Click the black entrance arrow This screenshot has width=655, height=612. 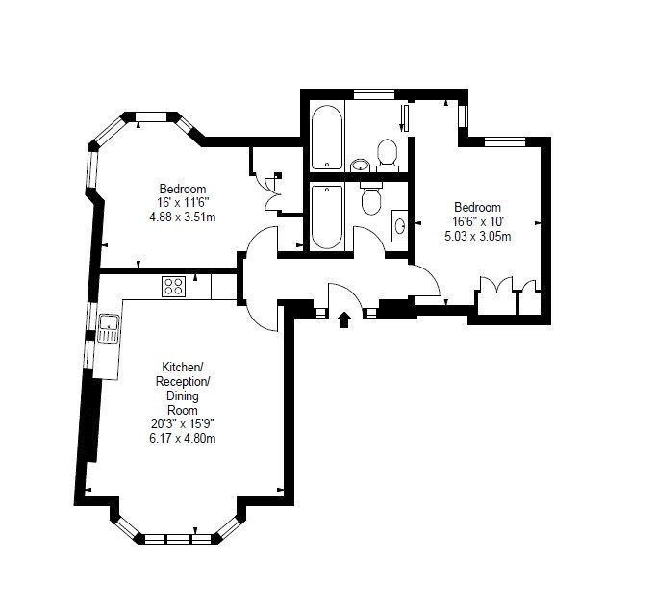(343, 319)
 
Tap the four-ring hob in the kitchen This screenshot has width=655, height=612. (174, 287)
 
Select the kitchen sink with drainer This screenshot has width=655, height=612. (109, 328)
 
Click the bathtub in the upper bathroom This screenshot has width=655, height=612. (327, 138)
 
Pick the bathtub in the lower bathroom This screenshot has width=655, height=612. (327, 217)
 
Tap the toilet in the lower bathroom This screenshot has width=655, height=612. (370, 197)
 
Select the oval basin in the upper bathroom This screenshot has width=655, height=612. (360, 166)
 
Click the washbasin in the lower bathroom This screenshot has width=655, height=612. (400, 226)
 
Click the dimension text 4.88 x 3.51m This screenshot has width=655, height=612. (183, 217)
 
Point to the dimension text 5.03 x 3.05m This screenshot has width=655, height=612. (477, 237)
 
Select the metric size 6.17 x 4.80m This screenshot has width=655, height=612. (183, 439)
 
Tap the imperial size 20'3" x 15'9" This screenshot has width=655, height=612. (183, 424)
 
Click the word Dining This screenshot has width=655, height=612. (183, 395)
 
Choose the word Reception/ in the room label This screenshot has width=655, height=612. (183, 381)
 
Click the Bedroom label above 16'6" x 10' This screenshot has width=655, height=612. (477, 207)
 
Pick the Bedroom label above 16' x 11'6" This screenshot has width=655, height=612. (183, 189)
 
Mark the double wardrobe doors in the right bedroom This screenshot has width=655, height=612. (496, 289)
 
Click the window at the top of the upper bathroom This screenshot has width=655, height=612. (374, 95)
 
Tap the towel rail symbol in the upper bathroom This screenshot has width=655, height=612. (404, 118)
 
